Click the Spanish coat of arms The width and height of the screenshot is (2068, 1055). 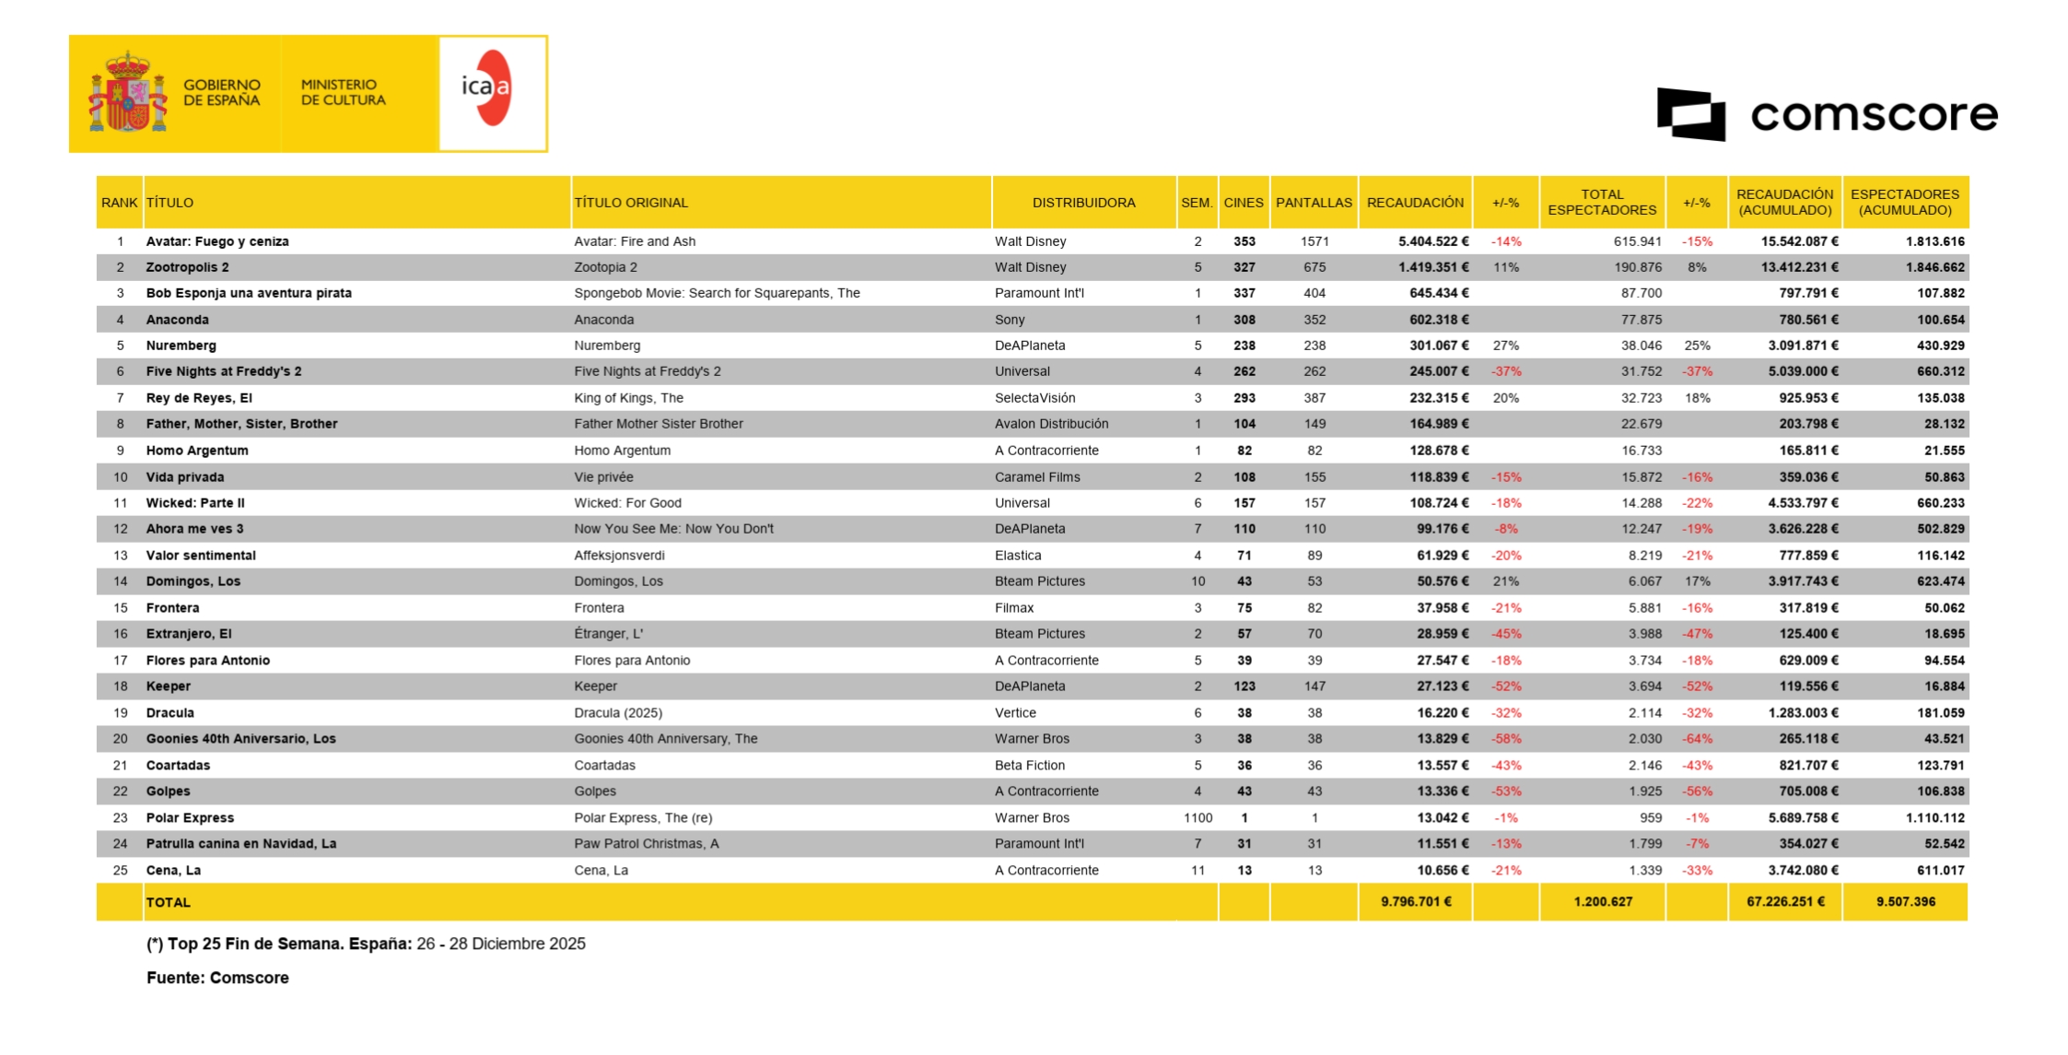(x=127, y=93)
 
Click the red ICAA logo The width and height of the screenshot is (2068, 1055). (x=488, y=88)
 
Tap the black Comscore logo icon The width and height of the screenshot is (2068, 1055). (x=1690, y=114)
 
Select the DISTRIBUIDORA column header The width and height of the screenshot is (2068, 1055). (x=1083, y=203)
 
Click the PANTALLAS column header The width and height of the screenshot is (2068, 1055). (x=1314, y=203)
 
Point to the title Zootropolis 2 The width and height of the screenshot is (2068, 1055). (x=187, y=267)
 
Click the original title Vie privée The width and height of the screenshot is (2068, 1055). (x=603, y=477)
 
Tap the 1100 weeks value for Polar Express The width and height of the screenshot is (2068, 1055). (x=1198, y=818)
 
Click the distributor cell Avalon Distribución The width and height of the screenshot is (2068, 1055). (x=1051, y=424)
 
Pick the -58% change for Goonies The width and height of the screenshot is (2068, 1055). (x=1506, y=739)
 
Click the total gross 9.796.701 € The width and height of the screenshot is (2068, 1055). (x=1415, y=902)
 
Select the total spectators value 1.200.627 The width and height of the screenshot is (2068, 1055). (x=1603, y=902)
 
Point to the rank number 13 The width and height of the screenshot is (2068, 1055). (x=120, y=556)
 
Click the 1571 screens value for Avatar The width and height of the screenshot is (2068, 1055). (x=1314, y=241)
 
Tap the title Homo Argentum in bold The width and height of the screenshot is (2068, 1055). (x=197, y=451)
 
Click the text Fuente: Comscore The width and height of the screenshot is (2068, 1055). (x=217, y=978)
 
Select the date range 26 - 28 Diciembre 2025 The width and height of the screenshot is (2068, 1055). (x=500, y=944)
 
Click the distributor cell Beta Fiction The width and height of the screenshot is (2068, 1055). (x=1029, y=766)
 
